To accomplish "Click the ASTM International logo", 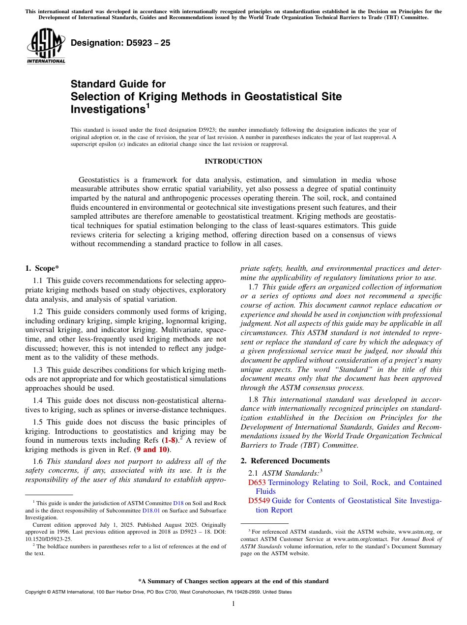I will tap(46, 46).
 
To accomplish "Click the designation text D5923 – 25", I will tap(120, 43).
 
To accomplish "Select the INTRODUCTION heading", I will tap(233, 161).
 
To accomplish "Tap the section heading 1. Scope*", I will tap(42, 268).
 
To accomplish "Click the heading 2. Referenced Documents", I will tap(285, 460).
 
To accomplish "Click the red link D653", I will tap(257, 483).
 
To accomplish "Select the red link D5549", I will tap(259, 501).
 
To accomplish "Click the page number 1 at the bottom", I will tap(233, 604).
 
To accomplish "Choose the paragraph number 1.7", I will tap(254, 286).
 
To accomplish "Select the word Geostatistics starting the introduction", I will tap(101, 180).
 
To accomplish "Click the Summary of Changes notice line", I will tap(233, 581).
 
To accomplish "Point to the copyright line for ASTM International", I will tap(158, 592).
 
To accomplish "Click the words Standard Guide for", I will tap(118, 84).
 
